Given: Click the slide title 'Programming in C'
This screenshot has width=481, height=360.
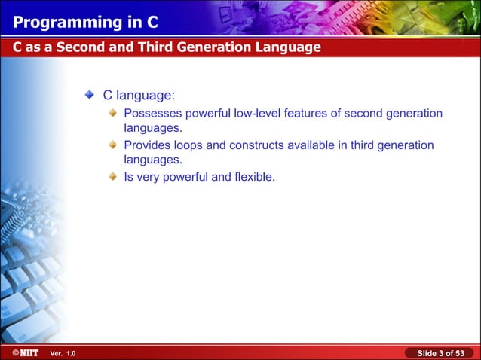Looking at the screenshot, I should [x=78, y=19].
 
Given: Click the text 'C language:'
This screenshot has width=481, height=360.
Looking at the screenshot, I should [x=139, y=96].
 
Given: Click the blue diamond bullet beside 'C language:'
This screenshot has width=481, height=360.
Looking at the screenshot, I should [x=89, y=96].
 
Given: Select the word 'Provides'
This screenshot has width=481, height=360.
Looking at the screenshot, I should [x=148, y=145].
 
